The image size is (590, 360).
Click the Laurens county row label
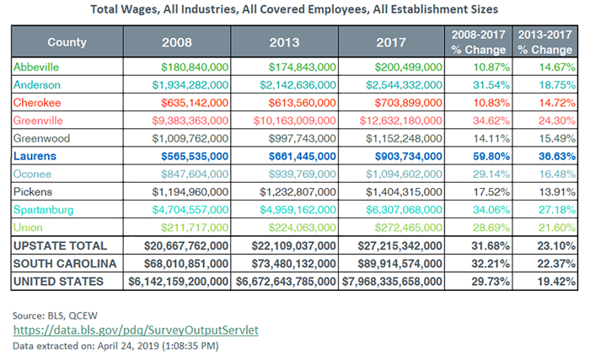(35, 156)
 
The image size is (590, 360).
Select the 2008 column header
(177, 42)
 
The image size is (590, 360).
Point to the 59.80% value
(491, 156)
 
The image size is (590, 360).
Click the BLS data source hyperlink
(136, 330)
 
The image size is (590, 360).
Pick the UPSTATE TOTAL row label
(60, 246)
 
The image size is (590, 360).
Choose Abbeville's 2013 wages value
(302, 67)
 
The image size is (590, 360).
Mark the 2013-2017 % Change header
(544, 42)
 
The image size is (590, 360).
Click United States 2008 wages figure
(179, 282)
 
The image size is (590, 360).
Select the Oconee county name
(32, 174)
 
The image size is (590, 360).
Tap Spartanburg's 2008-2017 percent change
(491, 210)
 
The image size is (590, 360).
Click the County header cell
(67, 42)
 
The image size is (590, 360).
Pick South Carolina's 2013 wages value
(293, 264)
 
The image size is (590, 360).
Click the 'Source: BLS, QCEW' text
(55, 315)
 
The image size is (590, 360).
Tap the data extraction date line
(115, 346)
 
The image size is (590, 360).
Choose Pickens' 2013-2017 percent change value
(557, 191)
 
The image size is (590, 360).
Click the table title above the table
(294, 9)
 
